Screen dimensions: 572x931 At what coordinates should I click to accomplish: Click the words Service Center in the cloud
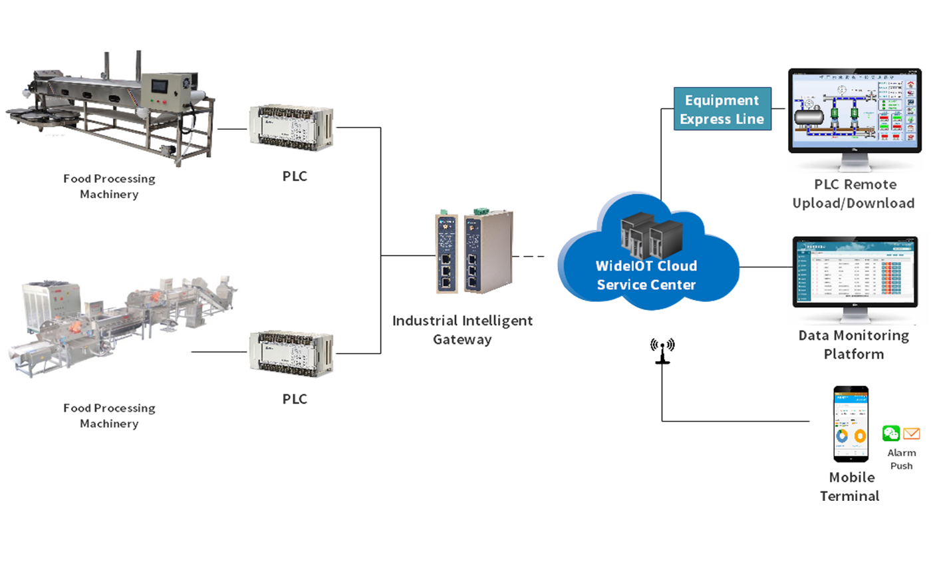(x=646, y=285)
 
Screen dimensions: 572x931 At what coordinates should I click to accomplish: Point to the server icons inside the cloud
(x=642, y=236)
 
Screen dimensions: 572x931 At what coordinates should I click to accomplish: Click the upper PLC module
(x=291, y=124)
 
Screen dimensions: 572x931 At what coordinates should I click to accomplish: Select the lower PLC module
(x=291, y=353)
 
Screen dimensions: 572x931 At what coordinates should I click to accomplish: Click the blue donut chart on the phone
(x=841, y=436)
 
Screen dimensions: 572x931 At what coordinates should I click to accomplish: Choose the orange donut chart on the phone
(x=860, y=436)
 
